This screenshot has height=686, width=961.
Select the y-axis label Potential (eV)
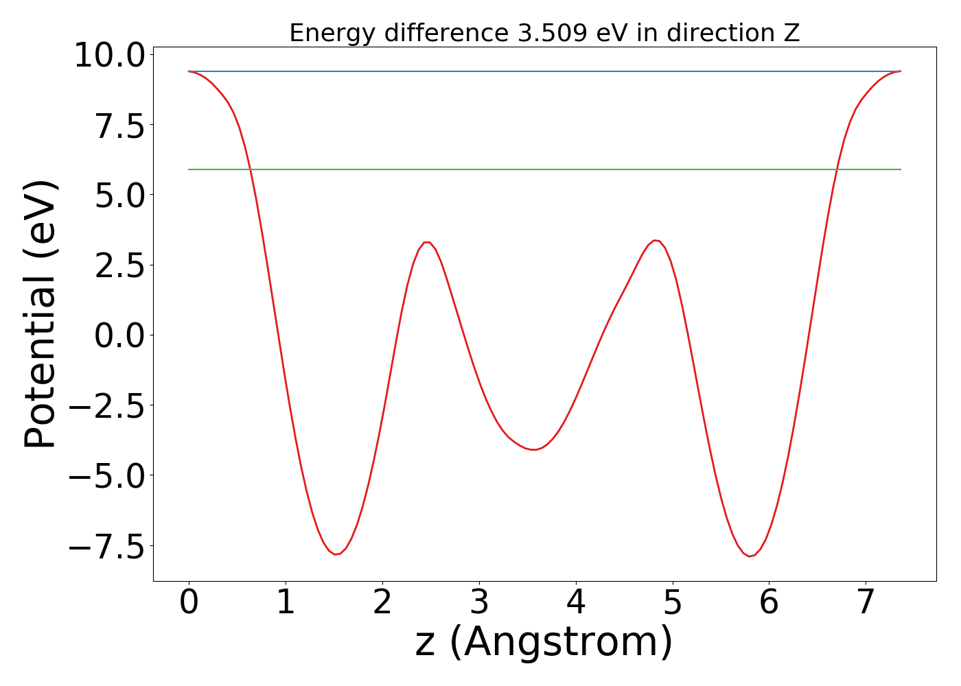click(40, 314)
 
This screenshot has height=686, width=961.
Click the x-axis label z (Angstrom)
click(544, 642)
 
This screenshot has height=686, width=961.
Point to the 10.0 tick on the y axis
click(110, 55)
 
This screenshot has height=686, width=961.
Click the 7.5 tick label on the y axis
click(119, 125)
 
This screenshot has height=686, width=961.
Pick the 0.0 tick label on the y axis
click(119, 335)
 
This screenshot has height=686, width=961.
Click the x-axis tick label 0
click(189, 602)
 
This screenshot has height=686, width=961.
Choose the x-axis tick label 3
click(479, 602)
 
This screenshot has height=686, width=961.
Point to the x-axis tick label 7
click(866, 602)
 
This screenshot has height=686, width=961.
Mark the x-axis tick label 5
click(673, 602)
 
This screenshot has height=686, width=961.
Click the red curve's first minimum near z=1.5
click(336, 554)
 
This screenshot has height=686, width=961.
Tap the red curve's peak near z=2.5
click(427, 242)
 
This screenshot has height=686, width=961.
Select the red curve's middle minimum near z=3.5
click(533, 449)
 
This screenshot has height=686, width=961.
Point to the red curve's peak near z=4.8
click(656, 240)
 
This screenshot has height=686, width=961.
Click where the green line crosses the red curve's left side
click(250, 169)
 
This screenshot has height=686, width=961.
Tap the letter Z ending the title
click(793, 33)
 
